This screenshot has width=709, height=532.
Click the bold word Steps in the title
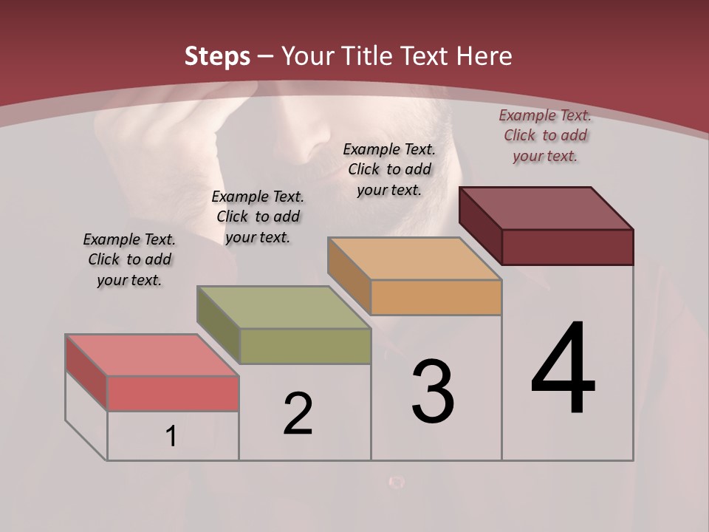click(x=217, y=56)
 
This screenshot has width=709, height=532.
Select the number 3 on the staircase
click(x=433, y=392)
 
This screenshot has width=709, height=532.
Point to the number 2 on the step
click(x=298, y=414)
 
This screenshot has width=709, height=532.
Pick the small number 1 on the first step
click(x=171, y=436)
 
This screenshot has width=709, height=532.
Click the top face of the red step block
click(x=151, y=355)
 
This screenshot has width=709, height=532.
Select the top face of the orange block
click(x=414, y=259)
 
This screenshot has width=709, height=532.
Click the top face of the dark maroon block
click(x=546, y=208)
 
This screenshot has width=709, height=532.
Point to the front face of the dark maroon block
click(x=567, y=247)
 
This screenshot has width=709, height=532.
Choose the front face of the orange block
click(x=436, y=297)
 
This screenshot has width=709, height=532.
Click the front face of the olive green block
click(x=304, y=346)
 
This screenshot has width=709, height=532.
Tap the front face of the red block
click(x=173, y=393)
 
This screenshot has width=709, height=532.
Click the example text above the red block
click(x=129, y=259)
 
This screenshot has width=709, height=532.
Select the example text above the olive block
click(x=258, y=216)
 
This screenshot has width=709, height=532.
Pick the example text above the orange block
click(x=389, y=169)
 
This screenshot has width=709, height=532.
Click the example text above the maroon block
click(x=545, y=135)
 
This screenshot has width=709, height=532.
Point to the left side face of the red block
click(x=86, y=372)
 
